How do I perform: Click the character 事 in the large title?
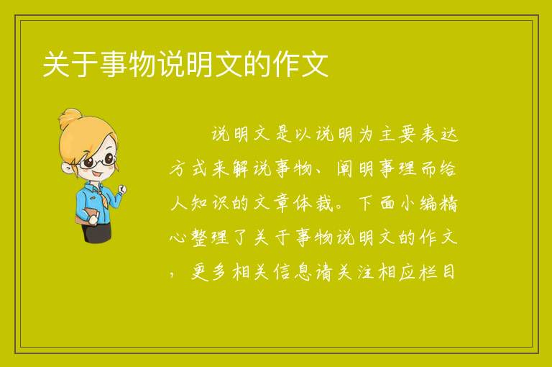coord(114,65)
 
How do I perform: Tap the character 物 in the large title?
coord(142,65)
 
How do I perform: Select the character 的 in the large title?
coord(257,65)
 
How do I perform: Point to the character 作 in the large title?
coord(286,65)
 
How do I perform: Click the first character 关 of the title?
coord(56,65)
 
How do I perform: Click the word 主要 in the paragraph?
coord(397,135)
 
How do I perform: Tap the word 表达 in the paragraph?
coord(439,135)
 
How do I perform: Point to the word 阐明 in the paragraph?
coord(356,168)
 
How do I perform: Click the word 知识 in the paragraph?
coord(211,203)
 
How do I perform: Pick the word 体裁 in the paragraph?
coord(314,203)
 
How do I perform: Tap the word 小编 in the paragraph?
coord(418,203)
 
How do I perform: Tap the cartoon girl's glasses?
coord(98,161)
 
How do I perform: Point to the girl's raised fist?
coord(121,189)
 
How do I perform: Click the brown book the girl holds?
coord(86,216)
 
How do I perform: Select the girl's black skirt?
coord(96,232)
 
